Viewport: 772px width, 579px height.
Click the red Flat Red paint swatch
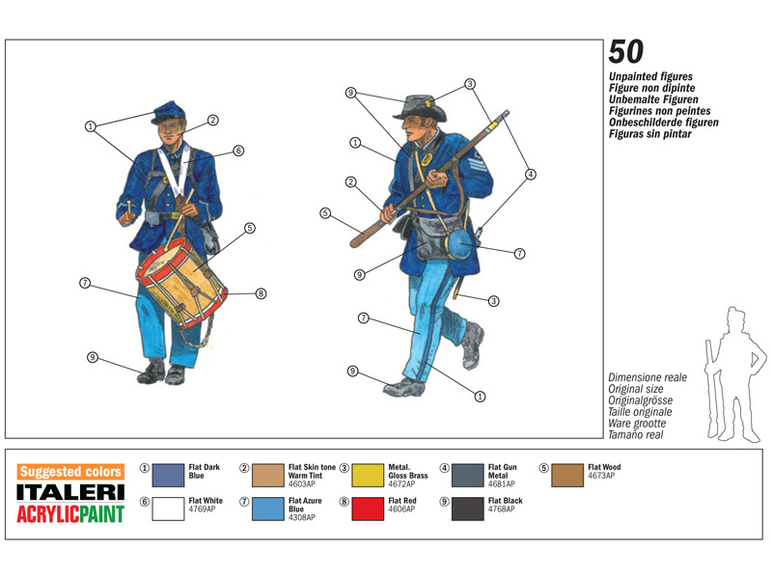(368, 509)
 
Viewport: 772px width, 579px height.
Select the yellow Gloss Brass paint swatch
(368, 475)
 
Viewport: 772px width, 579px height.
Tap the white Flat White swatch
(168, 509)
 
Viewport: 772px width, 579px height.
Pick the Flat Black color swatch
(468, 509)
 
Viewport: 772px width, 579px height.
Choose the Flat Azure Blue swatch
(268, 509)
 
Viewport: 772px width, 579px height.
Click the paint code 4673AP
(601, 476)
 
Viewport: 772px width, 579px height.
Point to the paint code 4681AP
(501, 484)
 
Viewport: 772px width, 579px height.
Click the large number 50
(625, 52)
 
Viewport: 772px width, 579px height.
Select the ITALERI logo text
(70, 492)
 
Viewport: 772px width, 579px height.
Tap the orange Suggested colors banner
(70, 472)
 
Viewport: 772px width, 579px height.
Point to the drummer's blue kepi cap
(169, 113)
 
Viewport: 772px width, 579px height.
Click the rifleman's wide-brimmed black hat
(422, 108)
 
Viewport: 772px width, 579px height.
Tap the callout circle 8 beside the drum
(261, 294)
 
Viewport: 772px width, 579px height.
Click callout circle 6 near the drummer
(238, 151)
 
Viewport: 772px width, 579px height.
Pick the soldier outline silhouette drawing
(733, 374)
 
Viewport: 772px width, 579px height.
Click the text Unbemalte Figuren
(653, 99)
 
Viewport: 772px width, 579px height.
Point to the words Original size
(636, 389)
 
